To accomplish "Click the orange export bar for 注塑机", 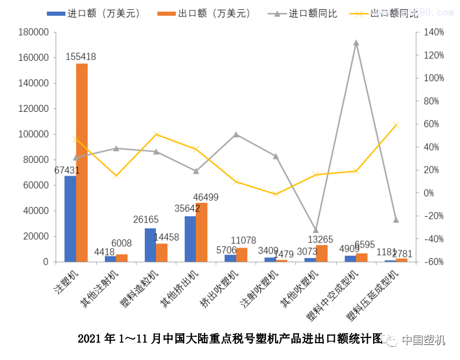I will [x=82, y=162].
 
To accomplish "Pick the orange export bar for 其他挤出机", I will [x=202, y=232].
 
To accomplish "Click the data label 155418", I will [x=81, y=57].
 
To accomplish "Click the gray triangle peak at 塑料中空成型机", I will [x=356, y=43].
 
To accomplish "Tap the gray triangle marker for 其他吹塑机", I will [x=316, y=230].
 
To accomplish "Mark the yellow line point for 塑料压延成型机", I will [x=396, y=125].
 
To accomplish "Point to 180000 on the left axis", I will [x=33, y=32].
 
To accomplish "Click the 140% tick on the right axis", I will [x=433, y=32].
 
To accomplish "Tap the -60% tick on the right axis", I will [x=433, y=262].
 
